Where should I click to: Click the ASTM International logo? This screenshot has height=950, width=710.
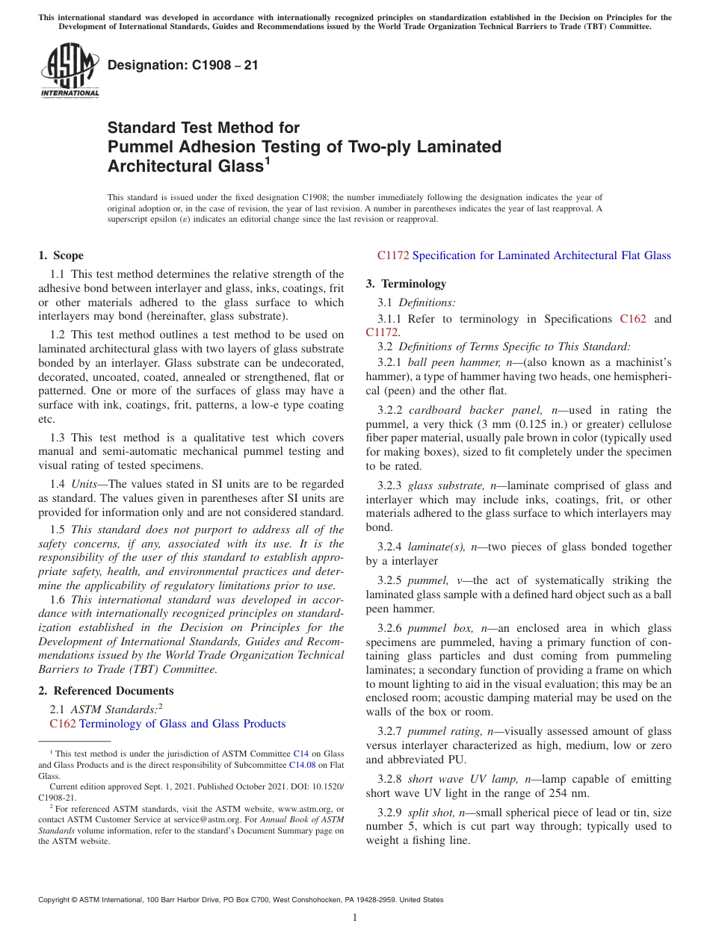[69, 71]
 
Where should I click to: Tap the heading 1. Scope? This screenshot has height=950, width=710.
[61, 255]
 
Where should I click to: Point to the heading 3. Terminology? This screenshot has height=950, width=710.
[406, 284]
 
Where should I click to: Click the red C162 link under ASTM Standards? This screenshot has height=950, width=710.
[62, 724]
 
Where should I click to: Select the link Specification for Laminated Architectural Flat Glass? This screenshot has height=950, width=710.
[541, 255]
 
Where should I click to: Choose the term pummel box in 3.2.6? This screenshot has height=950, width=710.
[441, 628]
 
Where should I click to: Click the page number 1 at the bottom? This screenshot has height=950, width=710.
[355, 917]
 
